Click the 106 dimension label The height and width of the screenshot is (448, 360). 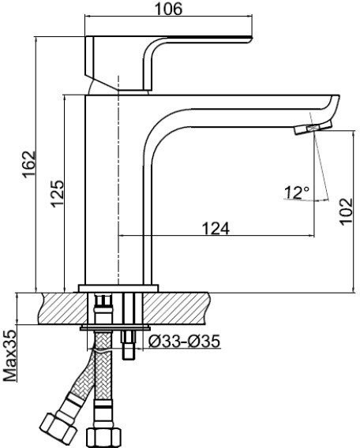(168, 9)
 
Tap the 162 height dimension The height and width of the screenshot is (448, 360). (29, 164)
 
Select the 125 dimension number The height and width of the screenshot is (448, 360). (57, 193)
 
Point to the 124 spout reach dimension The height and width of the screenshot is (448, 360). (216, 228)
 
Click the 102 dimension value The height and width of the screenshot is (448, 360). (347, 211)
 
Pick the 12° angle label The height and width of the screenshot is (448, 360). (297, 192)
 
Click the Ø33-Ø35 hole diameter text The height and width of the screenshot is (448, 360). (184, 342)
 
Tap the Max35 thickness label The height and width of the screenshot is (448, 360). (10, 356)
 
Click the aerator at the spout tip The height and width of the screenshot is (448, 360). (313, 128)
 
